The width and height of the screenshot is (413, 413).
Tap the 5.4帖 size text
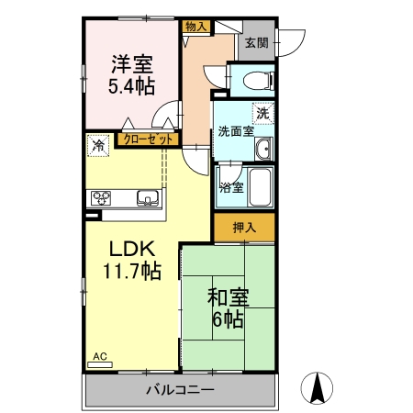point(132,86)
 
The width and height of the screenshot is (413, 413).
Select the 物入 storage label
point(195,28)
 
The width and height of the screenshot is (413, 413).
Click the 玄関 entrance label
point(256,41)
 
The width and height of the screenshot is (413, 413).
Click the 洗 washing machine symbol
point(263,114)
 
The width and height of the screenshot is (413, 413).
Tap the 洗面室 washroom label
point(236,132)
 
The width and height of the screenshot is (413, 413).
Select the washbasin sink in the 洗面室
point(263,150)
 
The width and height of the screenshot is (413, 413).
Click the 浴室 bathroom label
point(231,188)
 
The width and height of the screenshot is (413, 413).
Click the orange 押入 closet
point(243,227)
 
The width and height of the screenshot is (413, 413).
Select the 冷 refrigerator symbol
point(97,144)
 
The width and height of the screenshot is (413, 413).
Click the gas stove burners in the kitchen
point(100,197)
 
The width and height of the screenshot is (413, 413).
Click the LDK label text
point(132,249)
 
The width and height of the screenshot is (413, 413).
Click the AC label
point(97,356)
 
